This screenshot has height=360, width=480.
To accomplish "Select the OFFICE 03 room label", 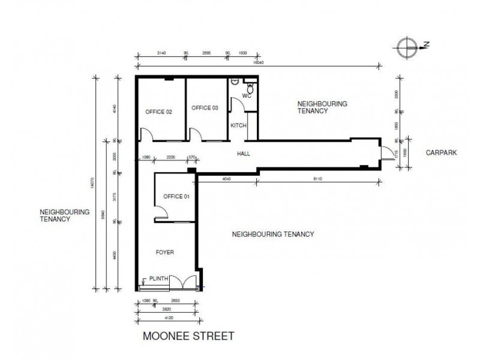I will [205, 108].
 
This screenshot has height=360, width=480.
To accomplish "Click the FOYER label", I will [164, 253].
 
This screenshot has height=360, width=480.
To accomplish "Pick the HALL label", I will [243, 154].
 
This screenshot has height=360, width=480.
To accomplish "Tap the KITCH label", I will [238, 125].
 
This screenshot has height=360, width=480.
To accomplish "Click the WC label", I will [246, 96].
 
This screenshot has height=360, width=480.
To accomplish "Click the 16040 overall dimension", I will [259, 62].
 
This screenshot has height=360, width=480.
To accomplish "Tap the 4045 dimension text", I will [227, 179].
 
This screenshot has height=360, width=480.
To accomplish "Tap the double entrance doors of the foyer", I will [182, 282].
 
